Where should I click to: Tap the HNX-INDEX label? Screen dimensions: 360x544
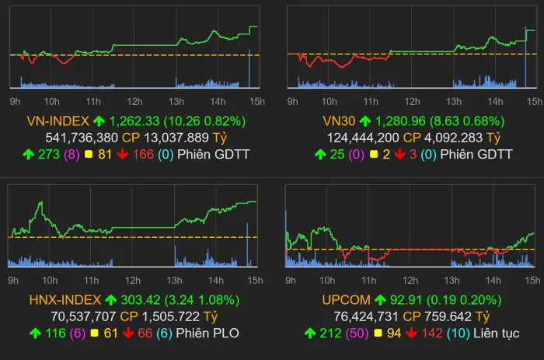click(x=64, y=299)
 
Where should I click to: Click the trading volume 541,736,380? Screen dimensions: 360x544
click(x=82, y=138)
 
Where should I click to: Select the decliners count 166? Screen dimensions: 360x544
click(x=141, y=154)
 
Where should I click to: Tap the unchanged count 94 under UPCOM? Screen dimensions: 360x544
click(x=395, y=335)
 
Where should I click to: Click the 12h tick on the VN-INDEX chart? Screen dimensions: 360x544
click(x=134, y=101)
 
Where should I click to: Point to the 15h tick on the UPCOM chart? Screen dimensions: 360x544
click(x=532, y=279)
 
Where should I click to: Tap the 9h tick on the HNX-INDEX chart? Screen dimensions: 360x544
click(x=14, y=279)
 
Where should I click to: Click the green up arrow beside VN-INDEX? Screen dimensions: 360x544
click(x=99, y=121)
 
